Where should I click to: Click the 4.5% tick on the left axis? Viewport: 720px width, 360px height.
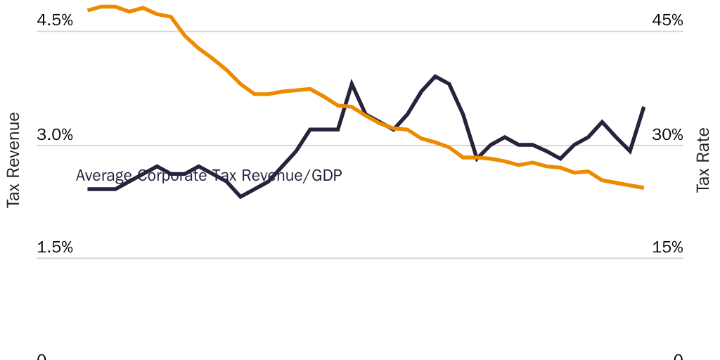pyautogui.click(x=55, y=20)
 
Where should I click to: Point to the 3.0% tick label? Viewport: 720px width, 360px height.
pyautogui.click(x=55, y=134)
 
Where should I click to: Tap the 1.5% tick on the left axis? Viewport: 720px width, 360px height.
pyautogui.click(x=55, y=247)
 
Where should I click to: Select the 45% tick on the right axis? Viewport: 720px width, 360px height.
pyautogui.click(x=667, y=20)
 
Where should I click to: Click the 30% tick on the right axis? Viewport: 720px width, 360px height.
pyautogui.click(x=667, y=134)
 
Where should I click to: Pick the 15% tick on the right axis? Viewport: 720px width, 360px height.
pyautogui.click(x=667, y=247)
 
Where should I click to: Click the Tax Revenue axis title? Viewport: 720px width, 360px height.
pyautogui.click(x=13, y=160)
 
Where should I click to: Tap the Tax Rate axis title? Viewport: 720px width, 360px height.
pyautogui.click(x=703, y=160)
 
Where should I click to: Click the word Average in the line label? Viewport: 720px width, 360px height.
pyautogui.click(x=103, y=176)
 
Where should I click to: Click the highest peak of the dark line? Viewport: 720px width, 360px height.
pyautogui.click(x=435, y=76)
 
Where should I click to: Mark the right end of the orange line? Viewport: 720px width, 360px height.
pyautogui.click(x=643, y=188)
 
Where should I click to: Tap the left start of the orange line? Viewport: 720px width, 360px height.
pyautogui.click(x=88, y=11)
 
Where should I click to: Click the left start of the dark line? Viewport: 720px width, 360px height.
pyautogui.click(x=88, y=189)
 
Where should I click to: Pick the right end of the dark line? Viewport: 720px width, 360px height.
pyautogui.click(x=644, y=107)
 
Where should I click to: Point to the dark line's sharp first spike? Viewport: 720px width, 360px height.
pyautogui.click(x=352, y=84)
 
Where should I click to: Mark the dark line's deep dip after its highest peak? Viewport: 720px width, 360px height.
pyautogui.click(x=477, y=160)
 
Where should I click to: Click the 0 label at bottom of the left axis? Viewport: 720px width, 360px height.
pyautogui.click(x=41, y=357)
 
